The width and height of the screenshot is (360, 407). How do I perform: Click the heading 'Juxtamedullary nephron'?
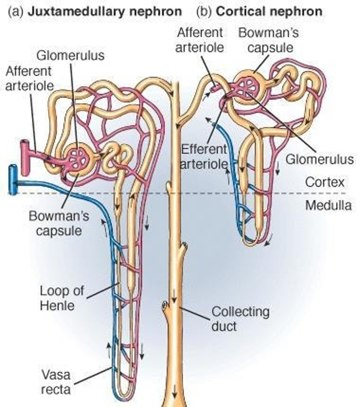(104, 12)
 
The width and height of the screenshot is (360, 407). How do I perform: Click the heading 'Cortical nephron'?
(269, 12)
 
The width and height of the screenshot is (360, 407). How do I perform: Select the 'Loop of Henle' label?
(62, 298)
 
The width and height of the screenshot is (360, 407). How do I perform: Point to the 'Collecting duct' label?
(240, 318)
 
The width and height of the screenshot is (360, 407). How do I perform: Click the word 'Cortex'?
(324, 182)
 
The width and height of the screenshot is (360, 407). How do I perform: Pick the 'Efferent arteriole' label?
(203, 156)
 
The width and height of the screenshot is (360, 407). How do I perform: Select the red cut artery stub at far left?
(24, 151)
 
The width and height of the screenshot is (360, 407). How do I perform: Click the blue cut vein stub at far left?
(13, 180)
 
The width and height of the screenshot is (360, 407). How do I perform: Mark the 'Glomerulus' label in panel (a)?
(70, 55)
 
